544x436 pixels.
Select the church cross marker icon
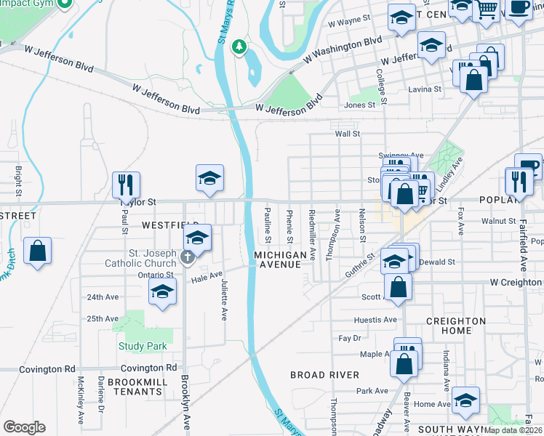(188, 256)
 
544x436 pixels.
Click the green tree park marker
(238, 48)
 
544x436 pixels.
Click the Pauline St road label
(268, 225)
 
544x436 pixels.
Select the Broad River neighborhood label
(324, 375)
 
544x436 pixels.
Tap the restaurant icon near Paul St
(126, 185)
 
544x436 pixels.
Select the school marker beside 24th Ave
(162, 292)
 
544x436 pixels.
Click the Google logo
(24, 427)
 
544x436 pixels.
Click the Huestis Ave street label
(375, 320)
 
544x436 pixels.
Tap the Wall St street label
(347, 134)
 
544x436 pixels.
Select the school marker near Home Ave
(465, 399)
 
